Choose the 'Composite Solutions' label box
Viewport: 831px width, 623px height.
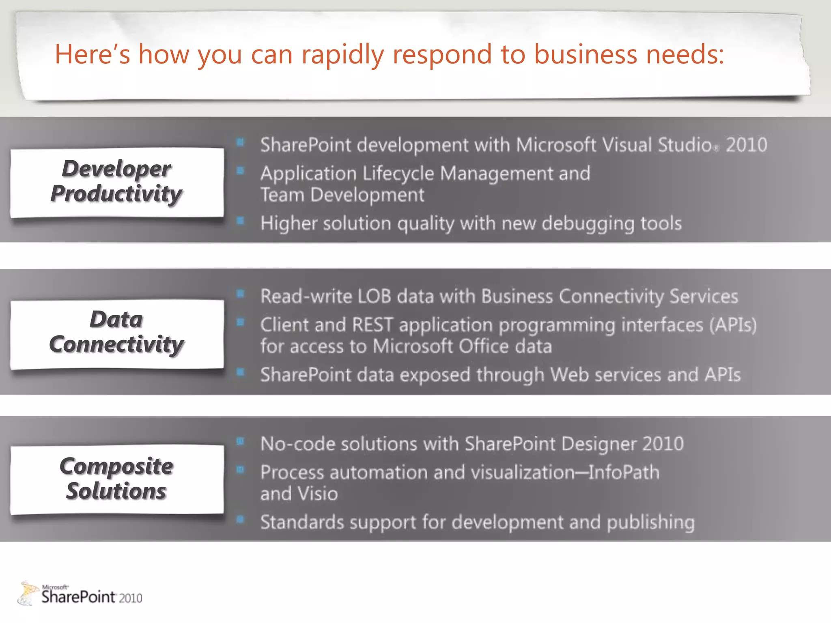117,479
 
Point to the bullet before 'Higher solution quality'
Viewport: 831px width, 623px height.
241,221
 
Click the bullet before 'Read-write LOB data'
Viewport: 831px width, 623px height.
241,294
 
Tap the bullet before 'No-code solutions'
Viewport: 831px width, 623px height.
241,441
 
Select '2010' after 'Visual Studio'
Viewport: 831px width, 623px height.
747,145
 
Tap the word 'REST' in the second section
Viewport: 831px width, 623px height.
372,325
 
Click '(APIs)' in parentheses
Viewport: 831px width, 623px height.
733,325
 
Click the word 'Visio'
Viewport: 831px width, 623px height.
318,494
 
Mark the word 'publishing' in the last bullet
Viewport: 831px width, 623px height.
650,523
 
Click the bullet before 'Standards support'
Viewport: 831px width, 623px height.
241,520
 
